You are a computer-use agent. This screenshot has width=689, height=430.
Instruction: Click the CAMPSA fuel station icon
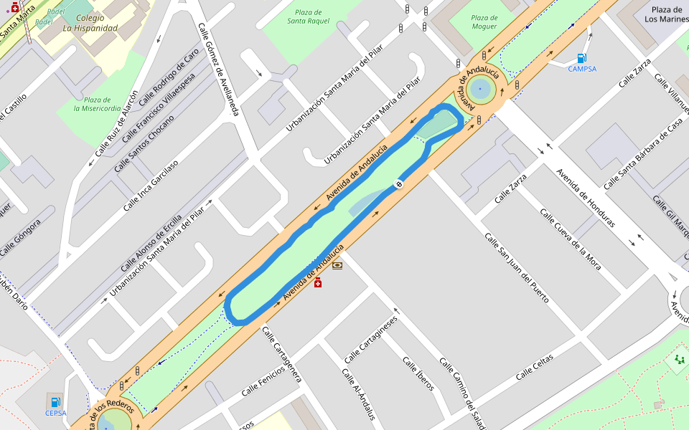point(581,58)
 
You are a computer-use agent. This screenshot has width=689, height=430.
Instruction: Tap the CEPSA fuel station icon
point(55,401)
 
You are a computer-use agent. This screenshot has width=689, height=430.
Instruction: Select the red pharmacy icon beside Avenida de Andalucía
point(318,283)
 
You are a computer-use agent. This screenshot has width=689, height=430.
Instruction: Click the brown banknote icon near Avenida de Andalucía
point(337,265)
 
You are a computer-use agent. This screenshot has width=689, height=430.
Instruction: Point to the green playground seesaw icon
point(679,358)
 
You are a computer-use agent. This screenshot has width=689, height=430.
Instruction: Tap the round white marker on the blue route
point(398,184)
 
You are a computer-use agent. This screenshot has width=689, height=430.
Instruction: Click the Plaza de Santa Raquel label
point(309,16)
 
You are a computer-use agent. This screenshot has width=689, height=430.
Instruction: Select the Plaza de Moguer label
point(484,22)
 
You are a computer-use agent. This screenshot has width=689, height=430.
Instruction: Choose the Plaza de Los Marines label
point(666,14)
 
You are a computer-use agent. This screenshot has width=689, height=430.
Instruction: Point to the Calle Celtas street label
point(534,367)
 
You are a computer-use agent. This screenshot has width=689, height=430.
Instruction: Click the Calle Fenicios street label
point(263,379)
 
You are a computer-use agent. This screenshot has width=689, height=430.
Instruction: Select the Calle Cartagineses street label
point(370,339)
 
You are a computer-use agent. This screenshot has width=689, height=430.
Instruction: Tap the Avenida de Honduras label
point(586,197)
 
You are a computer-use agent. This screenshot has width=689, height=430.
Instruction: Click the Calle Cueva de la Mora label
point(570,239)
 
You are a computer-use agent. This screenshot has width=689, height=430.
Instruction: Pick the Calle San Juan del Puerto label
point(516,267)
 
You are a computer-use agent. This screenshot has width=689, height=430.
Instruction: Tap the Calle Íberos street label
point(418,374)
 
